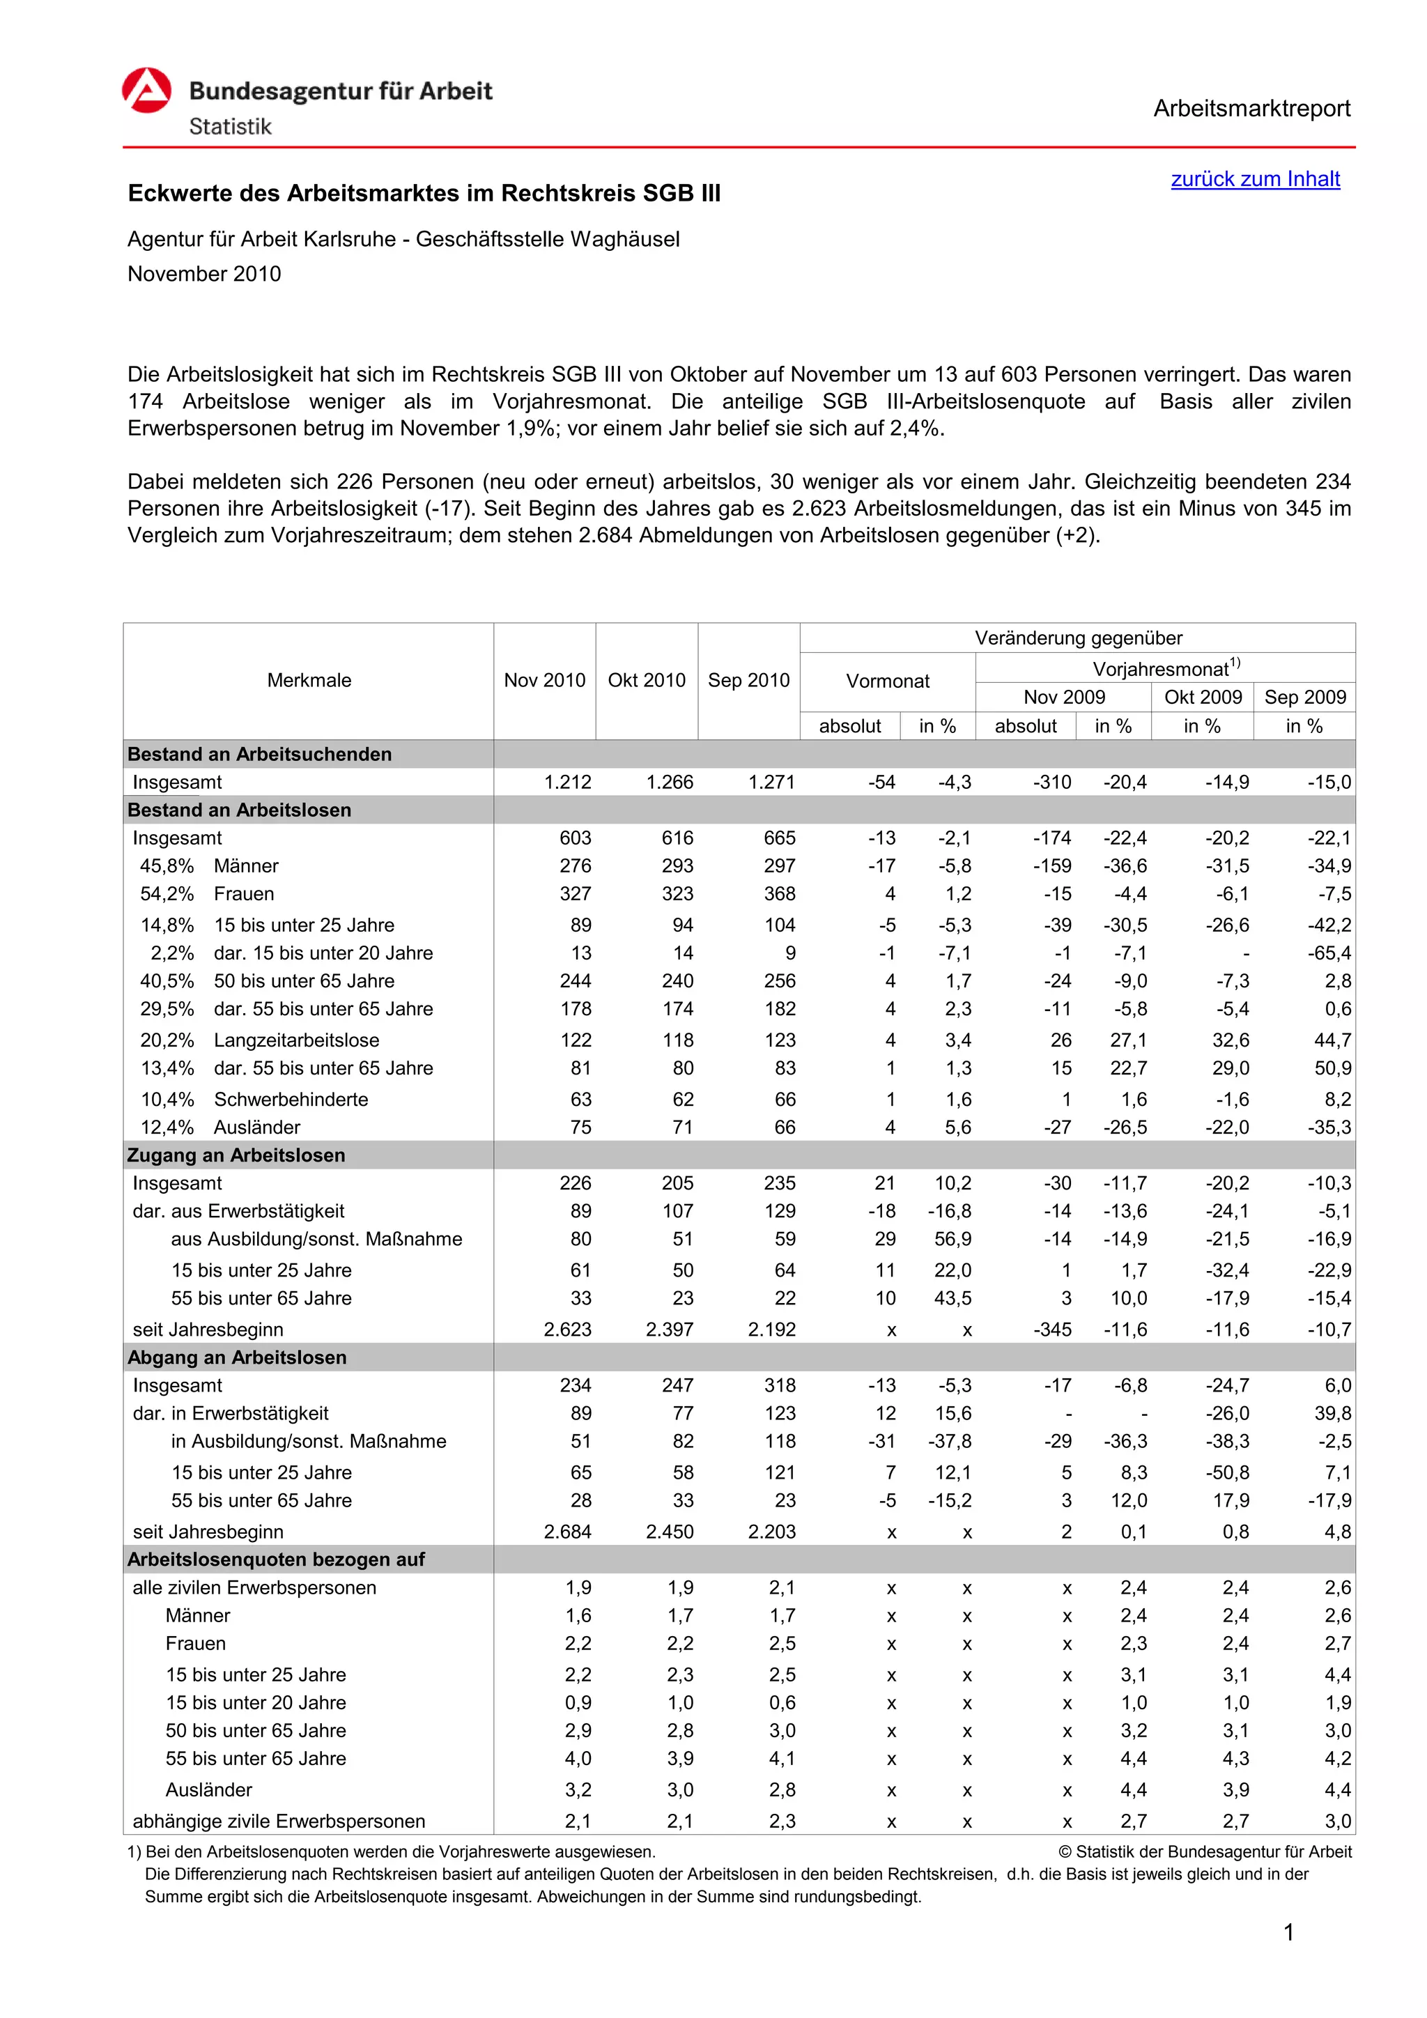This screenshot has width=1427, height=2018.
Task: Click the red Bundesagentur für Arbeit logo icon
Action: point(147,91)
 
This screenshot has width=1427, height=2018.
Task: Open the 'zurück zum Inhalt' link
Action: point(1255,179)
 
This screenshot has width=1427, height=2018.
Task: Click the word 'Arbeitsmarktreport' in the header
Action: point(1251,109)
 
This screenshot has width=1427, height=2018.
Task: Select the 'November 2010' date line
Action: point(205,275)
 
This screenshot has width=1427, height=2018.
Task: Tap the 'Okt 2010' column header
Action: point(647,680)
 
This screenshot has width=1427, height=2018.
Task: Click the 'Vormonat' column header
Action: point(888,681)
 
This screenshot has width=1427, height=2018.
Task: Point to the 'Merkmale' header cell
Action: point(309,680)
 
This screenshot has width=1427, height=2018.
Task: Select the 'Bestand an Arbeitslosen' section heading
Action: point(239,810)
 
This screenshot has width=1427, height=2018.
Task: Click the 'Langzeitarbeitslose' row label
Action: point(297,1040)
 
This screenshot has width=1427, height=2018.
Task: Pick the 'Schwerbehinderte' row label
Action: point(291,1100)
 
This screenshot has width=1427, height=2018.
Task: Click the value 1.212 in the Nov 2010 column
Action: point(568,783)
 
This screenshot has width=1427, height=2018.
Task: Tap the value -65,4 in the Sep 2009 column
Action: point(1329,954)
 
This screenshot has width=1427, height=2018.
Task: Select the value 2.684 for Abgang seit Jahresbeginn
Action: point(568,1532)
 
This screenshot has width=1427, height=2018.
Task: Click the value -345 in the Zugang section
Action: point(1052,1330)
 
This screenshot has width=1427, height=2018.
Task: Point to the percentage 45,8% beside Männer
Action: point(167,867)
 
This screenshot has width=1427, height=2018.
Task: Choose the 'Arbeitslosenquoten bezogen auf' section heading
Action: point(276,1560)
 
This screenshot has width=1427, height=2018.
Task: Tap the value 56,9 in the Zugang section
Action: point(952,1239)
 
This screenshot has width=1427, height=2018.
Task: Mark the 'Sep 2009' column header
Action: point(1305,698)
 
